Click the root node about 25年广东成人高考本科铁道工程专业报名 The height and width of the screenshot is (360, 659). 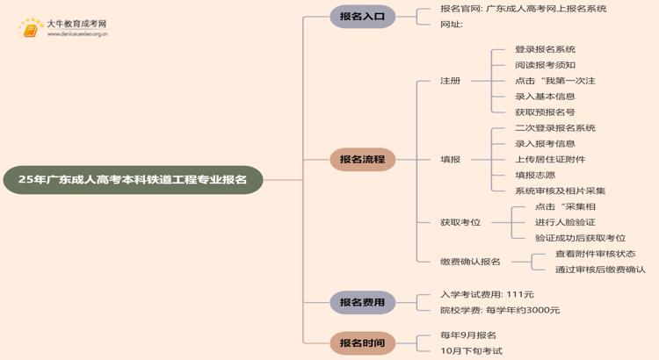tap(133, 179)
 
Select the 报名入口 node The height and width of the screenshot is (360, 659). tap(362, 17)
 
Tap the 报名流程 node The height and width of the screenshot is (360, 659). tap(362, 160)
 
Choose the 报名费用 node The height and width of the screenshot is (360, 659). tap(362, 302)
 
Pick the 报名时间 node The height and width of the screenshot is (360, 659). tap(362, 342)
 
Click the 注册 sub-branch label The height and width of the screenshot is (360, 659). tap(450, 81)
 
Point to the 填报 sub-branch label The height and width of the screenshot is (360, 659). tap(450, 160)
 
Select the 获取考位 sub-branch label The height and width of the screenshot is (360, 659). tap(460, 222)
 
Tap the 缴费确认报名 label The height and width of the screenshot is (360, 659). tap(470, 262)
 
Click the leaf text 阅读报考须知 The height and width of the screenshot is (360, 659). tap(545, 65)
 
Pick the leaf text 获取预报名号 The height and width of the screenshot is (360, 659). tap(545, 112)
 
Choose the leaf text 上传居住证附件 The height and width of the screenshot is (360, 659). tap(550, 160)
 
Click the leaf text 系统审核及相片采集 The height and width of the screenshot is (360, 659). tap(560, 191)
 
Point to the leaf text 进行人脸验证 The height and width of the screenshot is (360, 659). tap(565, 222)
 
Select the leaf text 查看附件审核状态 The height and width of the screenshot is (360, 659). tap(595, 254)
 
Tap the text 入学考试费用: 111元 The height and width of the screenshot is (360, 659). tap(487, 294)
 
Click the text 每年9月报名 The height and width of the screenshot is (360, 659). tap(468, 335)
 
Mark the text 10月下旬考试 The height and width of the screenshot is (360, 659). tap(471, 351)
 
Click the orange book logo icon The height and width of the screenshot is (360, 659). tap(31, 28)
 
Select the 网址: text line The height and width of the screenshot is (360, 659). tap(452, 25)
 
